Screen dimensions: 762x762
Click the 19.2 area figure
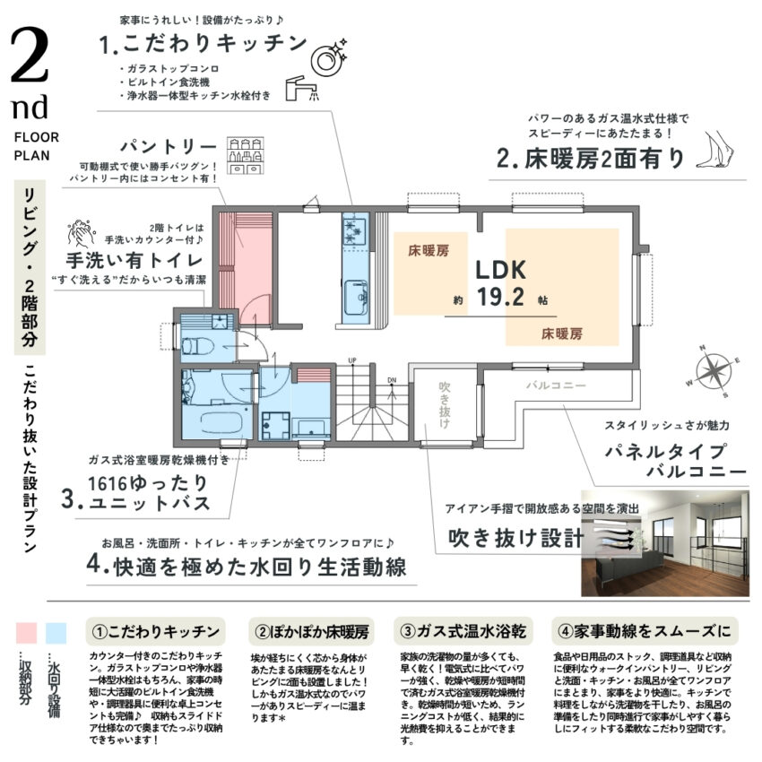[x=500, y=299]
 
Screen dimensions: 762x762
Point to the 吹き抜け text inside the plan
[x=446, y=403]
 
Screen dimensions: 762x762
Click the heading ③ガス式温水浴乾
[x=463, y=630]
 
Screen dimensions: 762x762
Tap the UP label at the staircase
[x=352, y=360]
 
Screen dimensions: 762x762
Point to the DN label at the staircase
[x=392, y=379]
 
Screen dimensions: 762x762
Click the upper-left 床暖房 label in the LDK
[x=429, y=252]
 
